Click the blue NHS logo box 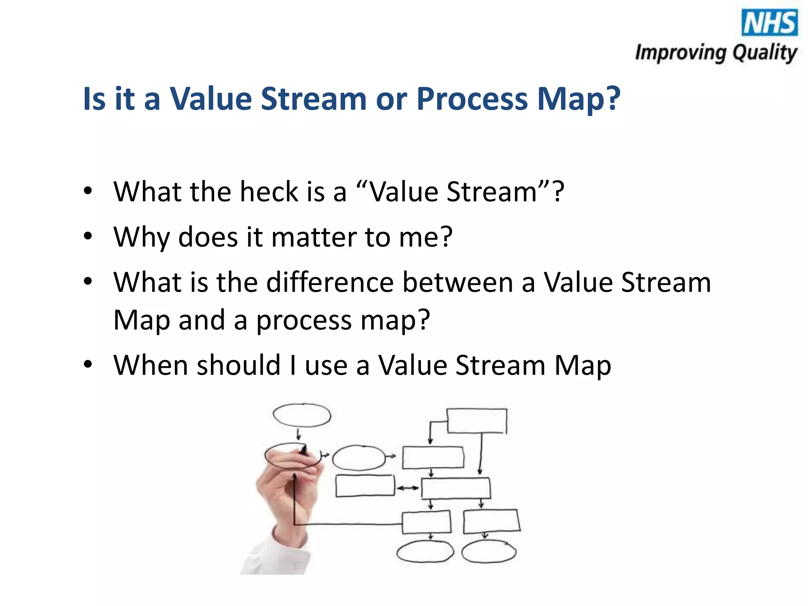769,22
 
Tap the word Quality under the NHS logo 765,53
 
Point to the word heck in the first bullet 269,192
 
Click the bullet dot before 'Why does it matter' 88,236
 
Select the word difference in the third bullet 330,282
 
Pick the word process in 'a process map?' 304,321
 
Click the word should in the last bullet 238,365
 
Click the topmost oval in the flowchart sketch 302,415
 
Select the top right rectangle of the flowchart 477,421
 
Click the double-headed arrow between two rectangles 408,488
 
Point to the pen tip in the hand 304,450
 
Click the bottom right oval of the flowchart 489,551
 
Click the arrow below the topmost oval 299,434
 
